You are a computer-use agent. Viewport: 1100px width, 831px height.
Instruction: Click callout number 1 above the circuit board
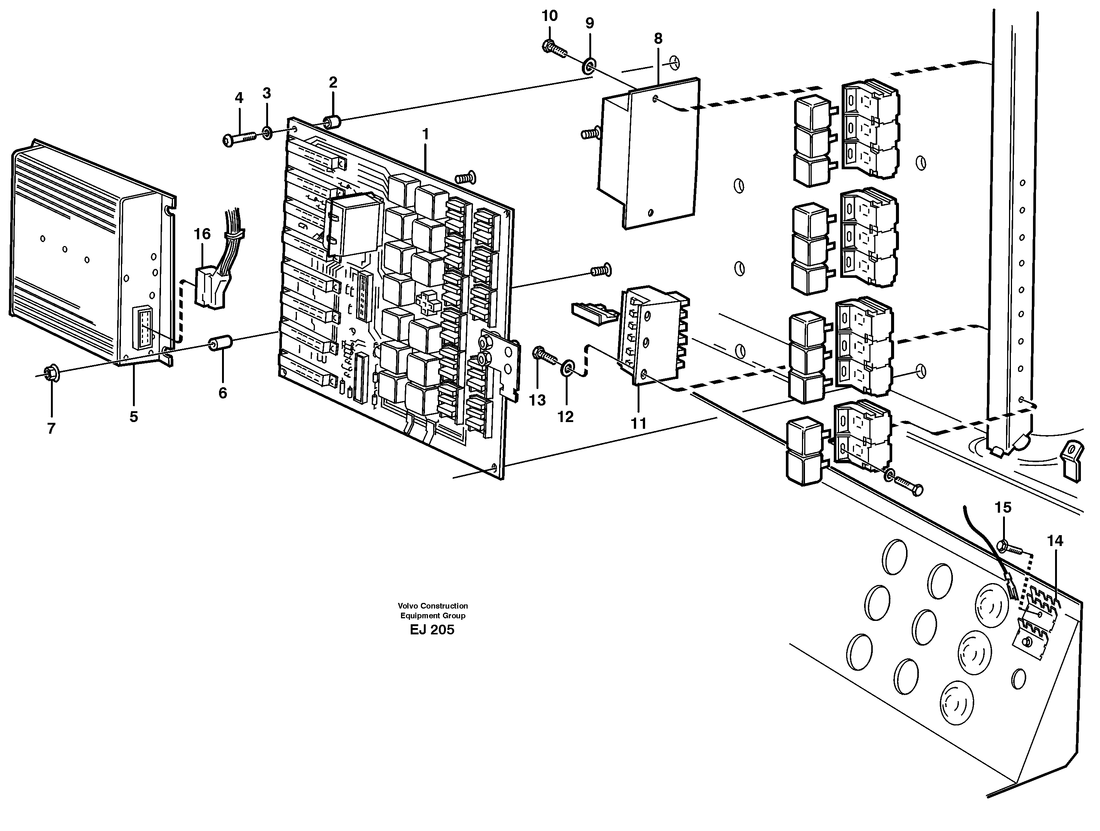[x=425, y=134]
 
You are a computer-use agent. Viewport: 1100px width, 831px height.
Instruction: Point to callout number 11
[x=638, y=423]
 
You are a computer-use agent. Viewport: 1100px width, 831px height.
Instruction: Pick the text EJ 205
[x=432, y=630]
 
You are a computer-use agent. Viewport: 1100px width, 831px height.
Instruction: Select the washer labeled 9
[x=589, y=66]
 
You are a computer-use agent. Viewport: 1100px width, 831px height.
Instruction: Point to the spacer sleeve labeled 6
[x=220, y=344]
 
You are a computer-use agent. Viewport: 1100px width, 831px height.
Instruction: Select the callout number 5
[x=133, y=417]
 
